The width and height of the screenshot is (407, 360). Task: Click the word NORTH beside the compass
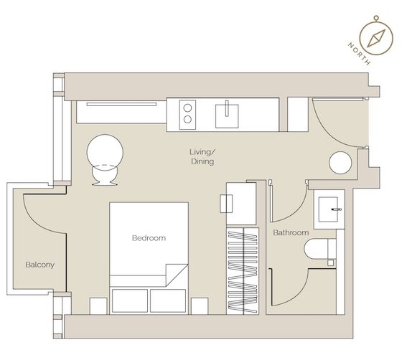coord(357,52)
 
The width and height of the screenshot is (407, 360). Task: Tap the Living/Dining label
coord(202,158)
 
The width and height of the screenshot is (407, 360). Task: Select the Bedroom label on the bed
coord(149,238)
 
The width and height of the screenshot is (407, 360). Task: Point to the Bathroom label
coord(291,233)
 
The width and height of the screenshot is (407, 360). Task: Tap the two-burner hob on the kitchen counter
coord(187,112)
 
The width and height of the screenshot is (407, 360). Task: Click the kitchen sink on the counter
coord(230,112)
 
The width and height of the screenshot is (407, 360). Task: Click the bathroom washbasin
coord(331,208)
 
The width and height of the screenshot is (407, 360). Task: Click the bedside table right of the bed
coord(200,303)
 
